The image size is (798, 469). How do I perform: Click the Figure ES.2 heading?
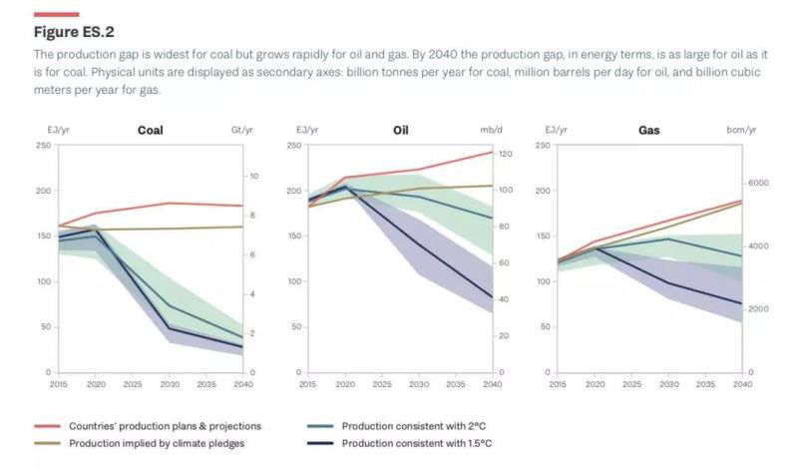(74, 32)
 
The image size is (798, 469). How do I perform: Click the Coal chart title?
(150, 130)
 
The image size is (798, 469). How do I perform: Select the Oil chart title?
(400, 130)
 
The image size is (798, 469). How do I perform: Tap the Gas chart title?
(648, 130)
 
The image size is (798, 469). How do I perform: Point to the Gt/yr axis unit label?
(242, 131)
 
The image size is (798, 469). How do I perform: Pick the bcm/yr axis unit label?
(740, 131)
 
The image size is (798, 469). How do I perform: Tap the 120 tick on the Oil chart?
(505, 154)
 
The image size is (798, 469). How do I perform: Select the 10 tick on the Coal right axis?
(254, 177)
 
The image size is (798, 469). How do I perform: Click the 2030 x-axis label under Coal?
(170, 383)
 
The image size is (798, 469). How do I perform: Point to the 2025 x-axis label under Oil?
(381, 383)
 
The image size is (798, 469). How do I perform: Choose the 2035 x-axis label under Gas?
(706, 383)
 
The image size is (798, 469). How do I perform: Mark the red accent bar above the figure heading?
(56, 14)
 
